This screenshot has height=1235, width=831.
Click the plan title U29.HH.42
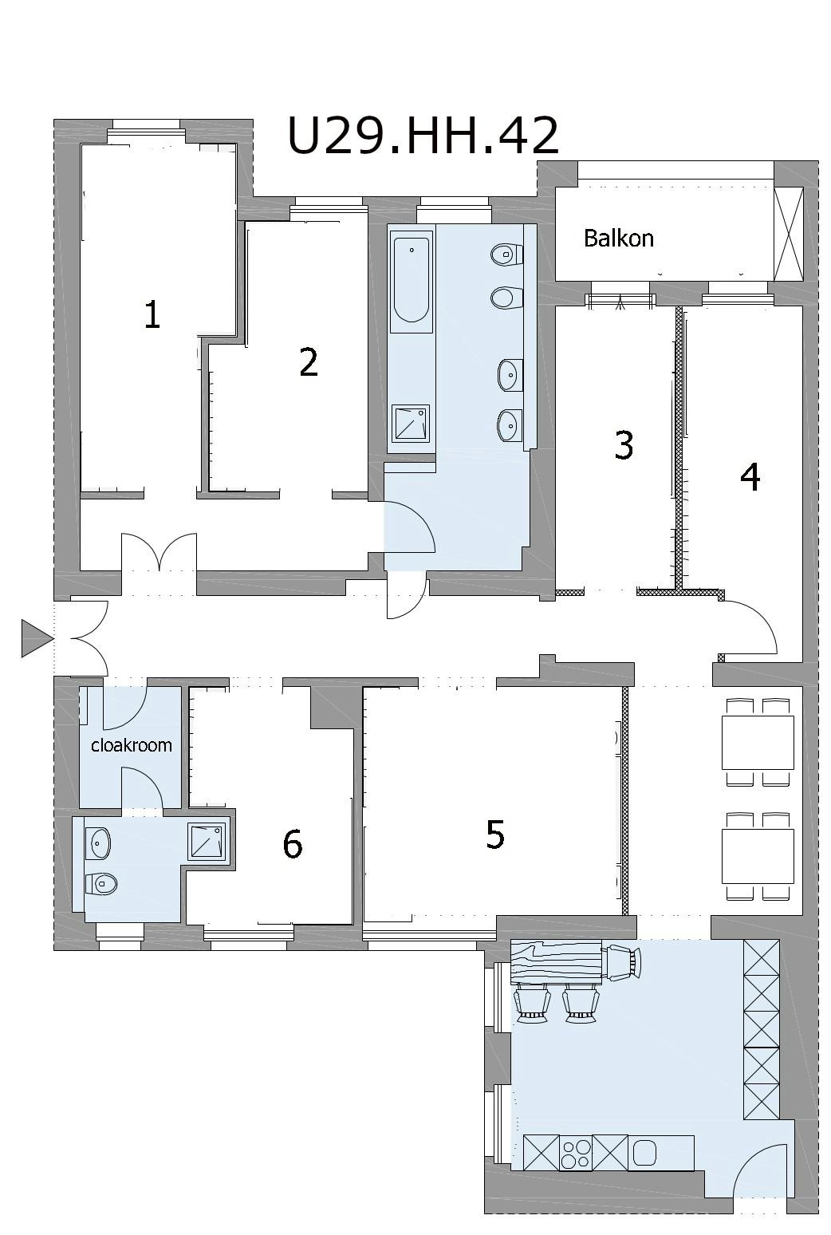coord(423,135)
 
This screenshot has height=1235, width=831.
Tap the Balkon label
coord(618,239)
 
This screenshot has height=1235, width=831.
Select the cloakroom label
coord(131,745)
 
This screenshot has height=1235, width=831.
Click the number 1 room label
coord(152,315)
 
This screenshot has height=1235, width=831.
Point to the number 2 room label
coord(309,362)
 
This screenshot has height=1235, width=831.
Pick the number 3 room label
coord(624,445)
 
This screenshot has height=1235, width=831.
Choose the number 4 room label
coord(750,477)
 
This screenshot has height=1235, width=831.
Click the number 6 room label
coord(292,844)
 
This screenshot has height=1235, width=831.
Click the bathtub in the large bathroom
coord(411,281)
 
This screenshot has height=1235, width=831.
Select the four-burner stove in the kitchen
coord(575,1152)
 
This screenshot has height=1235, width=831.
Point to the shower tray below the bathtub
coord(410,424)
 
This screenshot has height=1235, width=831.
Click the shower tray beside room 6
coord(207,842)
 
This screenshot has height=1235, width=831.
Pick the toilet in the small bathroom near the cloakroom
coord(101,884)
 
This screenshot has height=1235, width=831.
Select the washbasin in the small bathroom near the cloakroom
coord(99,843)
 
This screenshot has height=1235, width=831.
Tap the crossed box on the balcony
coord(789,234)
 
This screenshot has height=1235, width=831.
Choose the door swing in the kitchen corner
coord(761,1191)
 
